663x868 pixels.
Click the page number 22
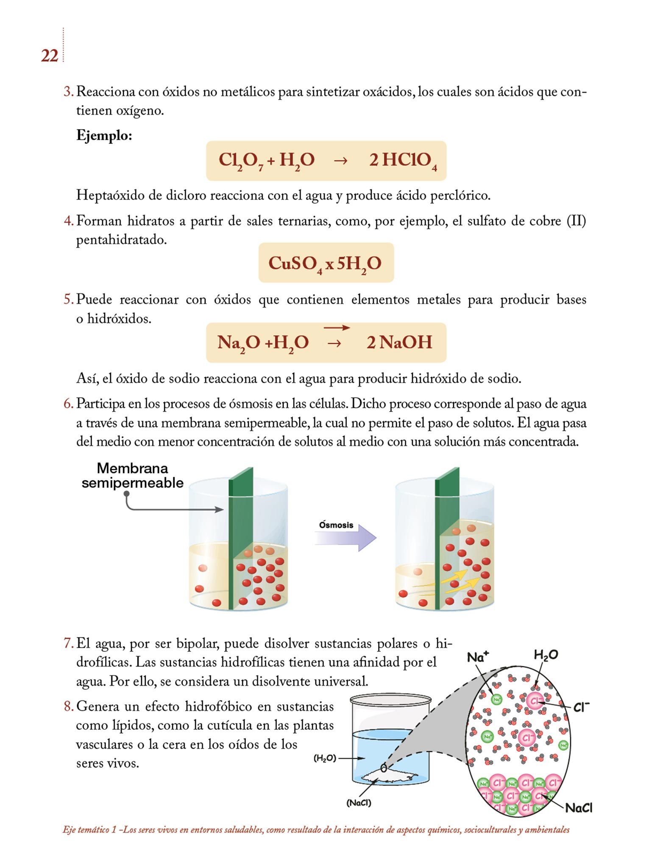(49, 56)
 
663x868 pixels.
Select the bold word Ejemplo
(104, 136)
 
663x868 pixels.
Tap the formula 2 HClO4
(402, 161)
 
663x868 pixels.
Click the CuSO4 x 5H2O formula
(325, 263)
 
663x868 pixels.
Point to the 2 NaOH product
(399, 342)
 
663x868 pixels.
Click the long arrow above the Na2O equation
(337, 328)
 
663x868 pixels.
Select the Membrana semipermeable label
(132, 476)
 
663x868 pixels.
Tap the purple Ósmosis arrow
(345, 537)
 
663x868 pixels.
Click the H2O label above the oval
(546, 655)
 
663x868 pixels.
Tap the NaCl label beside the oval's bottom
(579, 808)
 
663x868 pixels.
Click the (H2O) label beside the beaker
(325, 758)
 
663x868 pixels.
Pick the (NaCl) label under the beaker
(359, 803)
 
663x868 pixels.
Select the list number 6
(68, 404)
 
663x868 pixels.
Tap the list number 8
(68, 707)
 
